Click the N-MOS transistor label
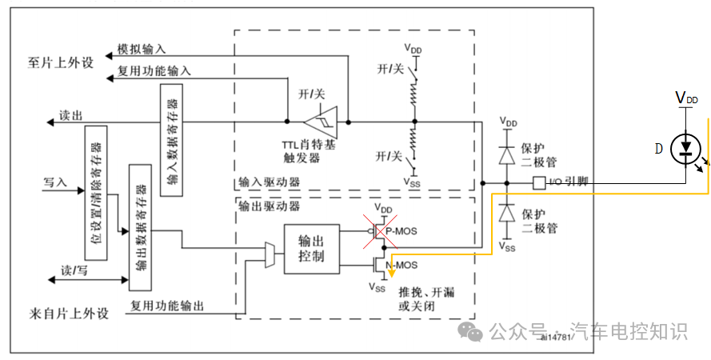pyautogui.click(x=401, y=265)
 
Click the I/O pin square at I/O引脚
pyautogui.click(x=539, y=183)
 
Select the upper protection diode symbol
pyautogui.click(x=505, y=154)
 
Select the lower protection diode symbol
pyautogui.click(x=505, y=214)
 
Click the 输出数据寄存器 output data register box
pyautogui.click(x=139, y=227)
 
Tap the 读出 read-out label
pyautogui.click(x=70, y=115)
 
